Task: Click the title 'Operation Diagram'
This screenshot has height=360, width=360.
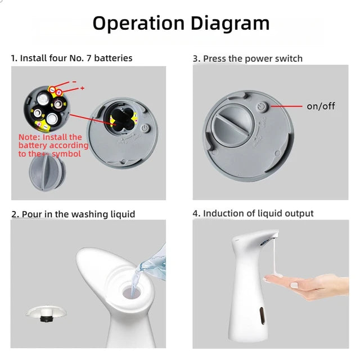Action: click(181, 24)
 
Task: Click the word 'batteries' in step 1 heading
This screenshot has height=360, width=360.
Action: click(114, 58)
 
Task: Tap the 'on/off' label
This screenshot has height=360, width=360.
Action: click(321, 106)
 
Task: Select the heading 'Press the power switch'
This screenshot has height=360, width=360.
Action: click(253, 58)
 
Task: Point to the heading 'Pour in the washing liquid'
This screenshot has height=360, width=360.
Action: click(78, 214)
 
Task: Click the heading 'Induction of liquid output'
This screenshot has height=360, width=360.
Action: click(258, 213)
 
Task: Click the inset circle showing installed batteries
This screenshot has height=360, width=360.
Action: click(46, 109)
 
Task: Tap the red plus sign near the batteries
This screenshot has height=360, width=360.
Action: click(82, 88)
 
